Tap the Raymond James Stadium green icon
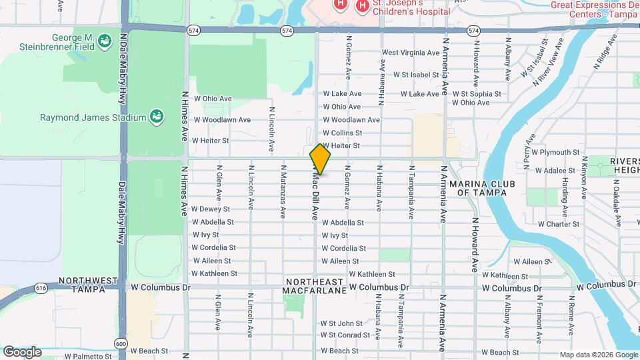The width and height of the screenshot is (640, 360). [x=156, y=117]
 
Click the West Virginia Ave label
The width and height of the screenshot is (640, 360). [x=409, y=53]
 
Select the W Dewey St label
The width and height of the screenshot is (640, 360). [x=211, y=209]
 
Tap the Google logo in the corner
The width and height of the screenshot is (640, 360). [x=22, y=351]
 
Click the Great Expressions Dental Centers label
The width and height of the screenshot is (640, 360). [x=594, y=9]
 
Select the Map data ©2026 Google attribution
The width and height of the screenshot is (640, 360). [x=598, y=355]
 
